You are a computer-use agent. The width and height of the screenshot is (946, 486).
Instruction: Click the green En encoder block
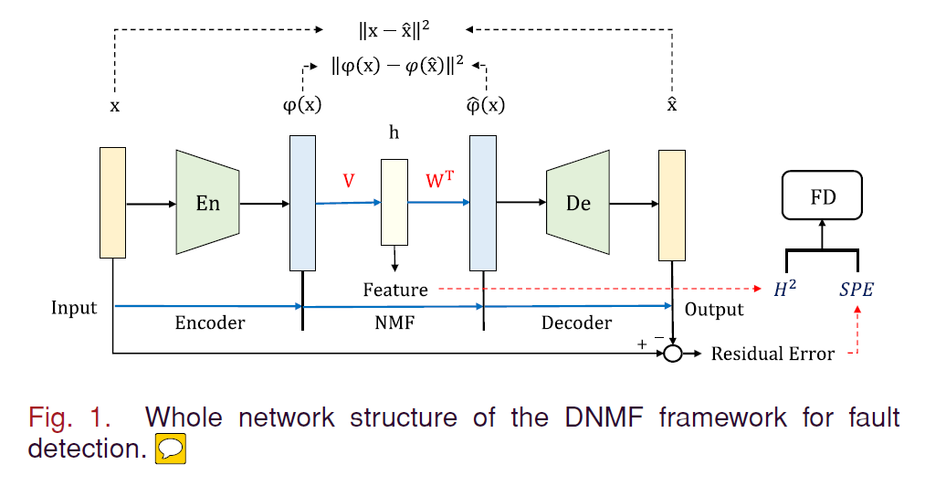point(207,203)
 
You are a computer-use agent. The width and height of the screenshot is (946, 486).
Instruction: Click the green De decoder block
point(578,203)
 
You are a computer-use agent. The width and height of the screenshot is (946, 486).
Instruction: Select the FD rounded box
point(823,198)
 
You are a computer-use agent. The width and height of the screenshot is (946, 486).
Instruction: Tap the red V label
point(348,181)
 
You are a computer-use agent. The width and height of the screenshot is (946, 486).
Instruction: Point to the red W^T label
point(441,180)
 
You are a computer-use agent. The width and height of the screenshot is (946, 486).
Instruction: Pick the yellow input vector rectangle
point(112,203)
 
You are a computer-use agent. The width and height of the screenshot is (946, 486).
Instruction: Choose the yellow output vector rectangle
point(672,203)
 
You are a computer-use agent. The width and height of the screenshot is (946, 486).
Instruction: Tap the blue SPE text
point(857,291)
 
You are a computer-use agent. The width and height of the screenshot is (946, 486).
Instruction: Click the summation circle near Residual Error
point(673,354)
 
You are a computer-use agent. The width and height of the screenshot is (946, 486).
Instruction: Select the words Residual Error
point(773,354)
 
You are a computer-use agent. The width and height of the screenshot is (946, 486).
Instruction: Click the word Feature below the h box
point(394,290)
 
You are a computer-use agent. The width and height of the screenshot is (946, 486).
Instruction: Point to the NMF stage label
point(394,322)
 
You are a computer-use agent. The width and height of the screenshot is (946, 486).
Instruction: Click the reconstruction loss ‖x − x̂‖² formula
point(394,30)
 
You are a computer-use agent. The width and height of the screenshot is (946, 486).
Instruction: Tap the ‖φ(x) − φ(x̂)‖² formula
point(397,65)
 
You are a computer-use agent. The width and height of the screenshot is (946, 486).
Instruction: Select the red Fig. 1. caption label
point(69,418)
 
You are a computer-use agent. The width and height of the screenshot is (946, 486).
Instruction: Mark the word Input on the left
point(74,307)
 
